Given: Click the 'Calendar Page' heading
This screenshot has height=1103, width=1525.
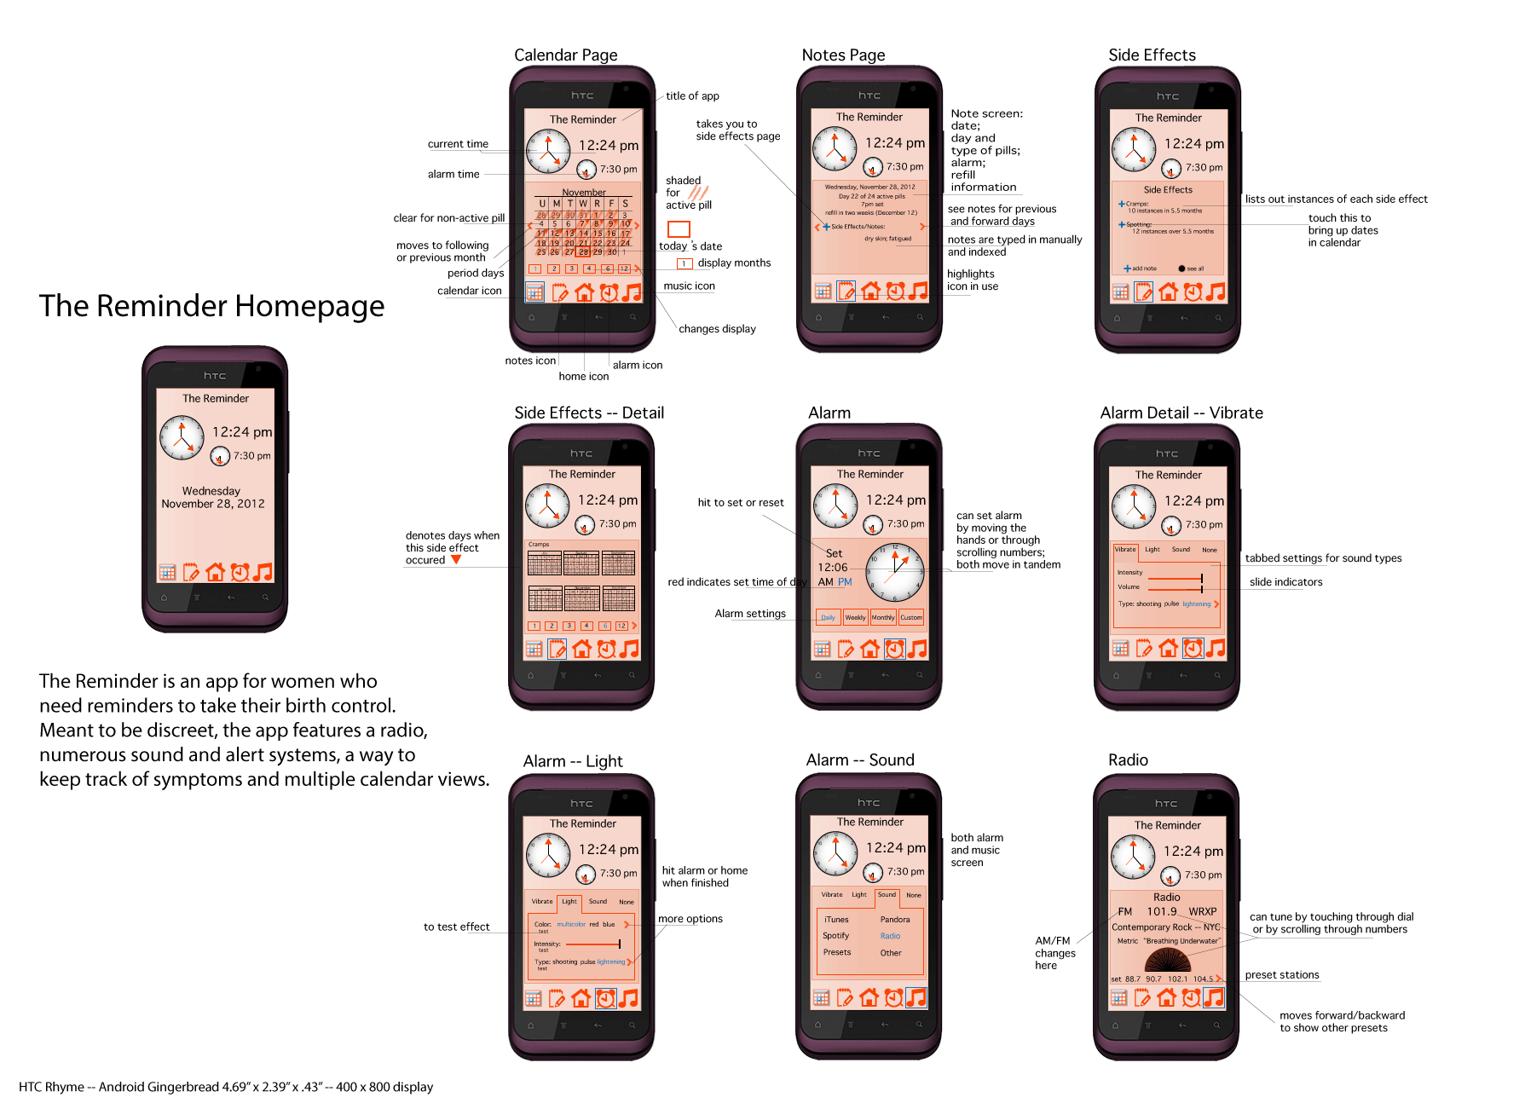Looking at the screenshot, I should point(565,55).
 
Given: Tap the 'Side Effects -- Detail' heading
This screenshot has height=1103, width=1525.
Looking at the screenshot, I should point(588,413).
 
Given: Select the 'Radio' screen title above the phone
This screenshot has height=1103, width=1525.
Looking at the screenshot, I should point(1127,760).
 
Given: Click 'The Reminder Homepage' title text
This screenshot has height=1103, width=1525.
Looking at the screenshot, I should point(211,306).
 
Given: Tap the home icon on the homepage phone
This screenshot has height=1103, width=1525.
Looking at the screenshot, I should point(216,572).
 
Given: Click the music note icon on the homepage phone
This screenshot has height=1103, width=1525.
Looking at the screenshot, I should point(263,572).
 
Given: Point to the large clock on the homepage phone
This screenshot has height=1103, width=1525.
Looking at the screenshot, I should point(182,437).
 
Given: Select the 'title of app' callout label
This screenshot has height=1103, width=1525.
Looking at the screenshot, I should point(692,96).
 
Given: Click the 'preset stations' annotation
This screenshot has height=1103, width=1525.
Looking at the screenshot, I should point(1281,975).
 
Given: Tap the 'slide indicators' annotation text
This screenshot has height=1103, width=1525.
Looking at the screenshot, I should point(1285,582).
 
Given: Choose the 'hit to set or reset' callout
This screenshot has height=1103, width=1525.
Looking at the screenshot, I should point(740,503).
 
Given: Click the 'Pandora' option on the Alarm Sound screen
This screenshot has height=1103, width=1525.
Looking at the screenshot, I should point(894,920).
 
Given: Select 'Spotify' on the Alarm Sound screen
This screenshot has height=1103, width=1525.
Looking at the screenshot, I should point(835,936).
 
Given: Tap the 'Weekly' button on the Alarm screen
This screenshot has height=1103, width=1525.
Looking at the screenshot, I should point(855,618).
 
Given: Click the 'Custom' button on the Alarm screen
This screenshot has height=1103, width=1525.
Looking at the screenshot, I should point(910,618).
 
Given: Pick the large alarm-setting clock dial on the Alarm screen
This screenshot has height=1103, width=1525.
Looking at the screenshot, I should point(895,572).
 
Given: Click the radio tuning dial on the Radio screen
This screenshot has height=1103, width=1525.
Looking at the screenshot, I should point(1167,960).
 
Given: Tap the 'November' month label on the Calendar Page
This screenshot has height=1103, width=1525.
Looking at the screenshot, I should point(584,193).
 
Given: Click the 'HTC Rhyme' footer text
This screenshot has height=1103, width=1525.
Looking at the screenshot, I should point(225,1087).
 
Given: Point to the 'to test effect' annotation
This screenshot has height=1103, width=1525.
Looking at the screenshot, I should point(456,927).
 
